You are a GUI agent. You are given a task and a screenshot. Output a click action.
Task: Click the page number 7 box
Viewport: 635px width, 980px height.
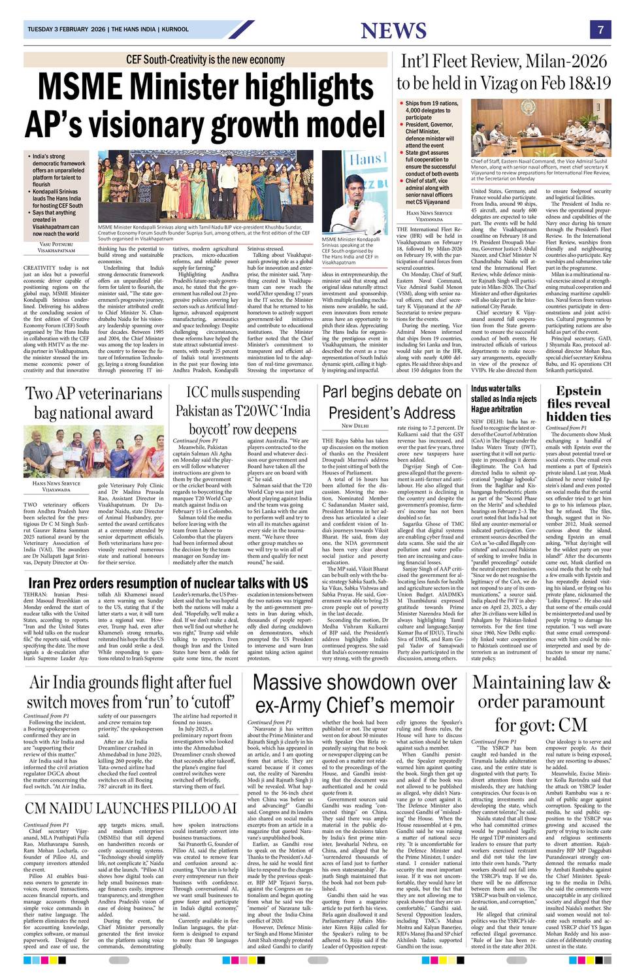pos(600,29)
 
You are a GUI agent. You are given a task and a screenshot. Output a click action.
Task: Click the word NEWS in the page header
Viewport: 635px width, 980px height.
pos(393,30)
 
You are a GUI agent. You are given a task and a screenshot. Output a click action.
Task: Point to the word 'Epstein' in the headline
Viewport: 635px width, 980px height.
pos(578,391)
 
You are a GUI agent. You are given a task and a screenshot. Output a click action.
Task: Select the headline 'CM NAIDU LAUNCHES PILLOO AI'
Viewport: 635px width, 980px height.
pos(131,808)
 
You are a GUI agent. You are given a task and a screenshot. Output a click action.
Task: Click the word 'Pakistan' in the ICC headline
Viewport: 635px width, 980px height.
pos(203,412)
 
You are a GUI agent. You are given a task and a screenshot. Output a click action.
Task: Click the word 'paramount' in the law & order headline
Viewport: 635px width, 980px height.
pos(541,702)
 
